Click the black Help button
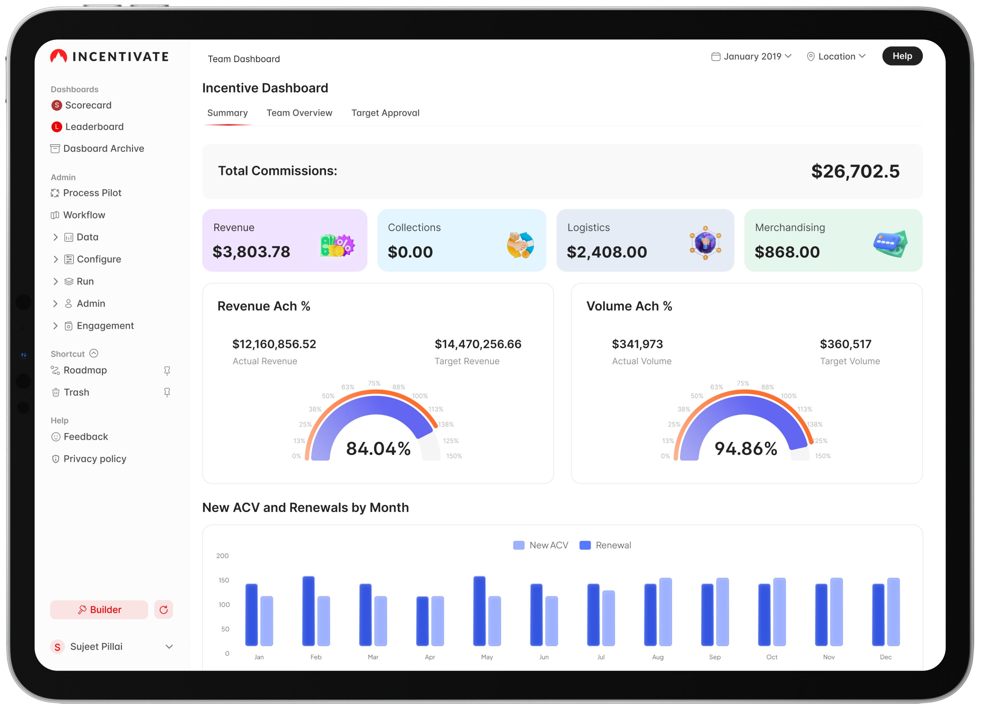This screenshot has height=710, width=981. pyautogui.click(x=902, y=56)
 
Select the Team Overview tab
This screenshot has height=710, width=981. pyautogui.click(x=299, y=113)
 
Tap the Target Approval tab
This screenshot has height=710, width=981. pyautogui.click(x=385, y=113)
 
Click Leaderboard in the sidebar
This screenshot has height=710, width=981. pyautogui.click(x=94, y=126)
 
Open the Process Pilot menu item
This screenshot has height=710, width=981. pyautogui.click(x=92, y=193)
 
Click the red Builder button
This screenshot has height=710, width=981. pyautogui.click(x=99, y=609)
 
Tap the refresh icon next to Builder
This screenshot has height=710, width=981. pyautogui.click(x=163, y=609)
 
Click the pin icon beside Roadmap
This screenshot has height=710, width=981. pyautogui.click(x=167, y=371)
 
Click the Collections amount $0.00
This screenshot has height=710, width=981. pyautogui.click(x=410, y=252)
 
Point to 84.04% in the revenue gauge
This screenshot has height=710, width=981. pyautogui.click(x=378, y=449)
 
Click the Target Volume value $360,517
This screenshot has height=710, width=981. pyautogui.click(x=845, y=344)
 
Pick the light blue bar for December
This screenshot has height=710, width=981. pyautogui.click(x=893, y=611)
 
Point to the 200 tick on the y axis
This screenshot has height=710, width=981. pyautogui.click(x=222, y=556)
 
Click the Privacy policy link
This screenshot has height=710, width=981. pyautogui.click(x=95, y=459)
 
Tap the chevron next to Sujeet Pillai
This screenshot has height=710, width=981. pyautogui.click(x=169, y=647)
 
